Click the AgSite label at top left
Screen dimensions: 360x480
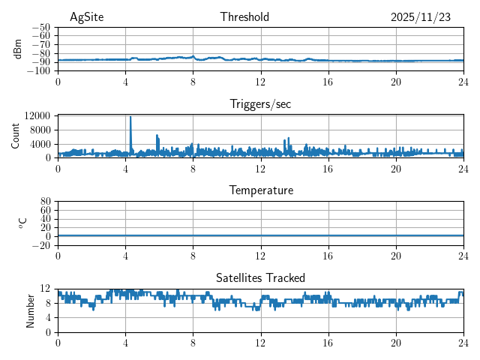click(86, 17)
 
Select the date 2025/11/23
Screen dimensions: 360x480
click(421, 17)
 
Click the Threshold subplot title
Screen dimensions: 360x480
click(244, 17)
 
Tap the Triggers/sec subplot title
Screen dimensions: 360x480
click(260, 104)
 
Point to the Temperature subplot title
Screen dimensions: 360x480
click(260, 190)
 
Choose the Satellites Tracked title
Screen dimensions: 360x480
click(260, 278)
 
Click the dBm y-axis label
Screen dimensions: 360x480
click(19, 49)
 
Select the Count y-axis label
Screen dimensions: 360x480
click(16, 136)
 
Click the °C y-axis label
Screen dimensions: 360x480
click(23, 223)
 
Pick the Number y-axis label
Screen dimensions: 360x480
click(31, 310)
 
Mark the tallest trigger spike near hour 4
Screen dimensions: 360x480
click(130, 117)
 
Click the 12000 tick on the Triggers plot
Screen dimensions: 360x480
click(37, 116)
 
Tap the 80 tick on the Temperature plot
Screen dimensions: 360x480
click(45, 202)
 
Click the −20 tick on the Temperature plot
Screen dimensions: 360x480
click(41, 245)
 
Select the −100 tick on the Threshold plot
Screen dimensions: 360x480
click(39, 71)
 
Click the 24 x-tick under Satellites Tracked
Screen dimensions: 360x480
click(463, 343)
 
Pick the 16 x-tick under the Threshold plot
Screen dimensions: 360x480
click(328, 82)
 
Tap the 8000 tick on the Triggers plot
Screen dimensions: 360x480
click(40, 130)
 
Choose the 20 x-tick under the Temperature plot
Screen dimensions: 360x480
click(395, 256)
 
